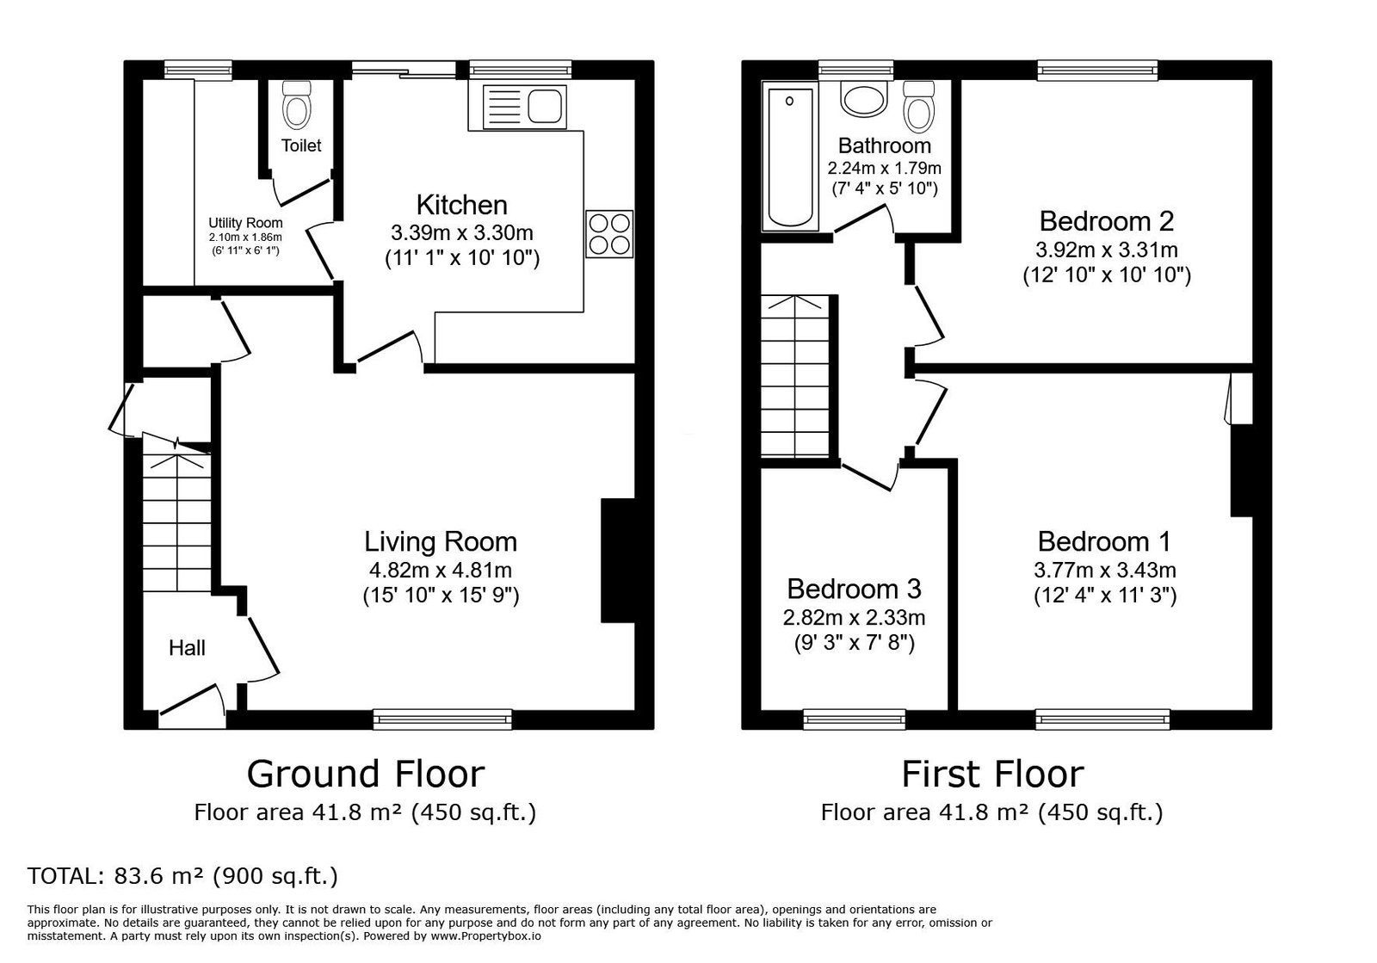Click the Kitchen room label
[x=461, y=205]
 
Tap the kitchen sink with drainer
[x=524, y=108]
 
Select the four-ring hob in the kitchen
[x=609, y=233]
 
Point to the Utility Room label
[x=245, y=223]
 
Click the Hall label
[x=187, y=648]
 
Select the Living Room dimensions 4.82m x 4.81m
[x=440, y=571]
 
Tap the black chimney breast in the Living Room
[x=618, y=560]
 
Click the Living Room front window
[x=442, y=719]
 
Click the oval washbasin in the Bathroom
[x=864, y=100]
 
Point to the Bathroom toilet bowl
[x=919, y=107]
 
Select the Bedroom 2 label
[x=1107, y=221]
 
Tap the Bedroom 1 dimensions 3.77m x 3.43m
[x=1105, y=571]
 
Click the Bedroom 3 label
[x=854, y=589]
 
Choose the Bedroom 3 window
[x=855, y=719]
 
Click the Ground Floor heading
[x=366, y=774]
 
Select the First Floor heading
[x=992, y=774]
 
